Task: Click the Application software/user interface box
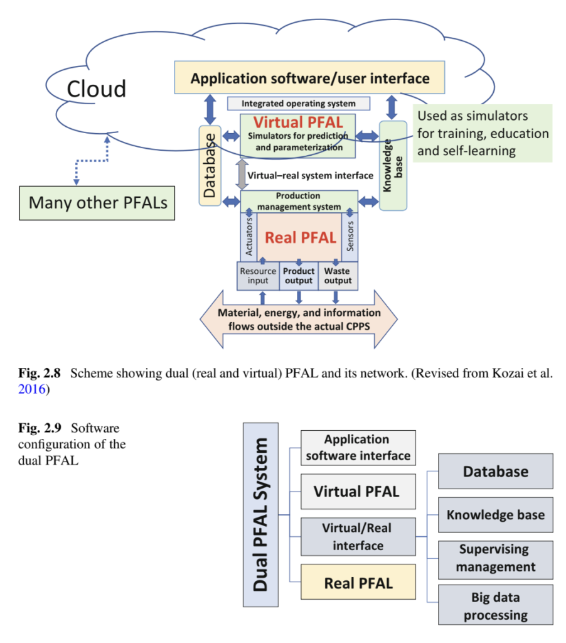point(309,78)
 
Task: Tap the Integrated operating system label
point(298,104)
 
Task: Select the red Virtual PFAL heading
point(297,122)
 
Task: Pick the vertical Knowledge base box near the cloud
point(392,165)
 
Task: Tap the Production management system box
point(298,201)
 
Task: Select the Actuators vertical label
point(248,236)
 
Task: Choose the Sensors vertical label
point(350,236)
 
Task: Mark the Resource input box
point(257,276)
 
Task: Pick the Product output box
point(298,276)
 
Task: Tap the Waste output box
point(338,276)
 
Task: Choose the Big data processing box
point(495,605)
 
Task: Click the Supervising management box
point(495,558)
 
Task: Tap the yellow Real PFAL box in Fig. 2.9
point(358,583)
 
